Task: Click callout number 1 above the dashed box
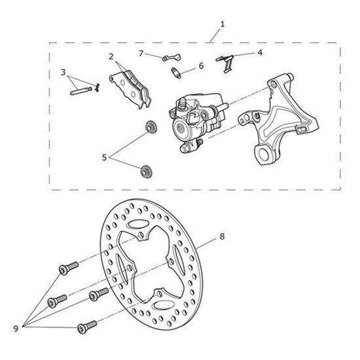point(223,24)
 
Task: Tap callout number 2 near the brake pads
point(111,56)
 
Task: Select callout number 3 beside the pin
point(63,72)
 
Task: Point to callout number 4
point(260,52)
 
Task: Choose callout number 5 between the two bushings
point(105,158)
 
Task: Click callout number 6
point(201,65)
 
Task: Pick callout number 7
point(141,54)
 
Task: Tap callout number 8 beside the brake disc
point(222,236)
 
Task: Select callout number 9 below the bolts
point(16,329)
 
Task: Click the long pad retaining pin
point(81,91)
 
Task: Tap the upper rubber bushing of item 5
point(152,126)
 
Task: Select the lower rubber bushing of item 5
point(146,171)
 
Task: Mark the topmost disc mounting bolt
point(69,268)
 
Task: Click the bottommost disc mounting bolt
point(87,327)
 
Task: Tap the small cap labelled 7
point(171,58)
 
